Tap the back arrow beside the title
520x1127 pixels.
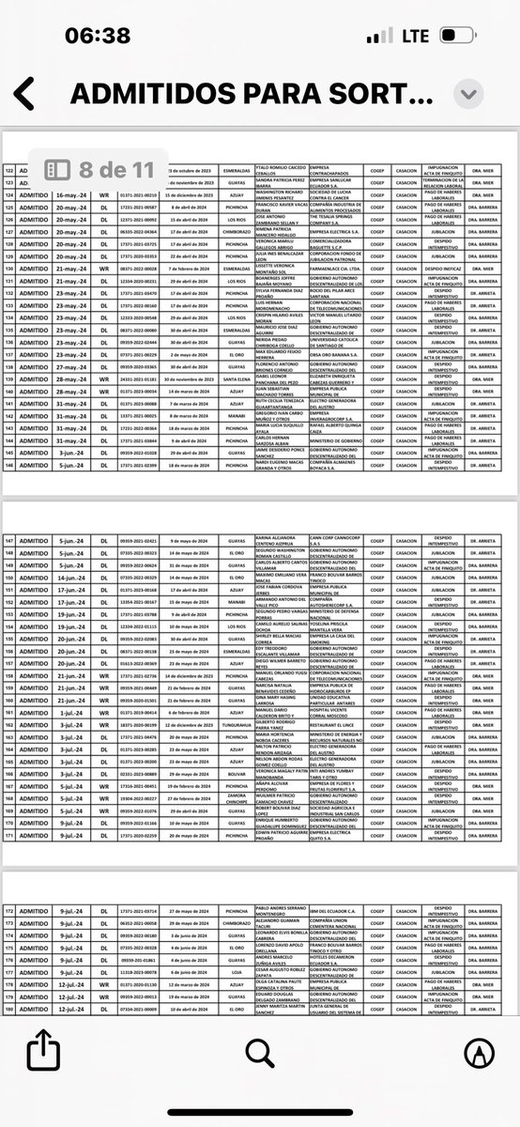(24, 94)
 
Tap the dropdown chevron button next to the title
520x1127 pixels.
(469, 93)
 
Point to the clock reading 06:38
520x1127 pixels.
(98, 36)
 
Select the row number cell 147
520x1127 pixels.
(10, 540)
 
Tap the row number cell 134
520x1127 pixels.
(10, 317)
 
